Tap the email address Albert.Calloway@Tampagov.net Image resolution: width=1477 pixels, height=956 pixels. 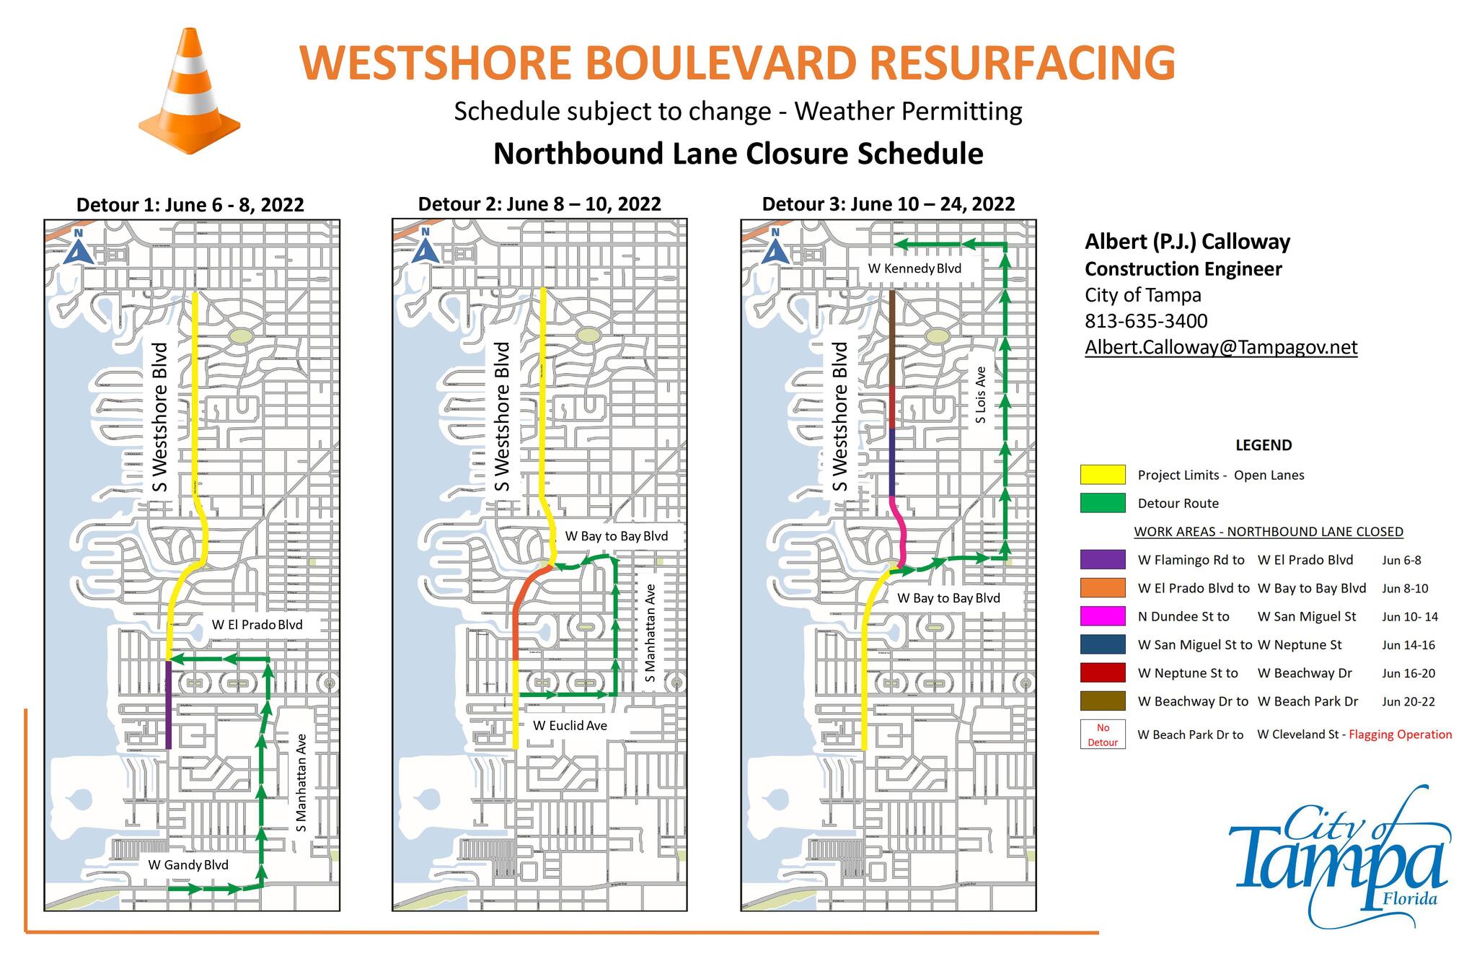coord(1221,347)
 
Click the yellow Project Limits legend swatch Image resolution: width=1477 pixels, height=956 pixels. coord(1102,475)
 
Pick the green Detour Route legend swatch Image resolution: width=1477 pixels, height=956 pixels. coord(1102,503)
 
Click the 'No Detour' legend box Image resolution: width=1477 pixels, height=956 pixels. coord(1103,734)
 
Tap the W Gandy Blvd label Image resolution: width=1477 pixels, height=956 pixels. coord(188,864)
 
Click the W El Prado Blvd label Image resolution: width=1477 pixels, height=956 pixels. coord(257,625)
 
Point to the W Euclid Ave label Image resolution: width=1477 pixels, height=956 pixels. coord(570,725)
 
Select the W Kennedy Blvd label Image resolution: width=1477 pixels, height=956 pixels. coord(914,268)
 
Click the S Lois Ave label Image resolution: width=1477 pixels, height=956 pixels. coord(980,395)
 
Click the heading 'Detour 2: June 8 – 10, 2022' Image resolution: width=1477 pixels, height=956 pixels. coord(539,204)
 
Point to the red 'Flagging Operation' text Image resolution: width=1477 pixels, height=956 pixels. coord(1400,734)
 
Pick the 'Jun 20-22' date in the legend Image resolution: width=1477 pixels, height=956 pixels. coord(1408,701)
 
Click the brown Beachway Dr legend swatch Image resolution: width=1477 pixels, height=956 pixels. coord(1102,701)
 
